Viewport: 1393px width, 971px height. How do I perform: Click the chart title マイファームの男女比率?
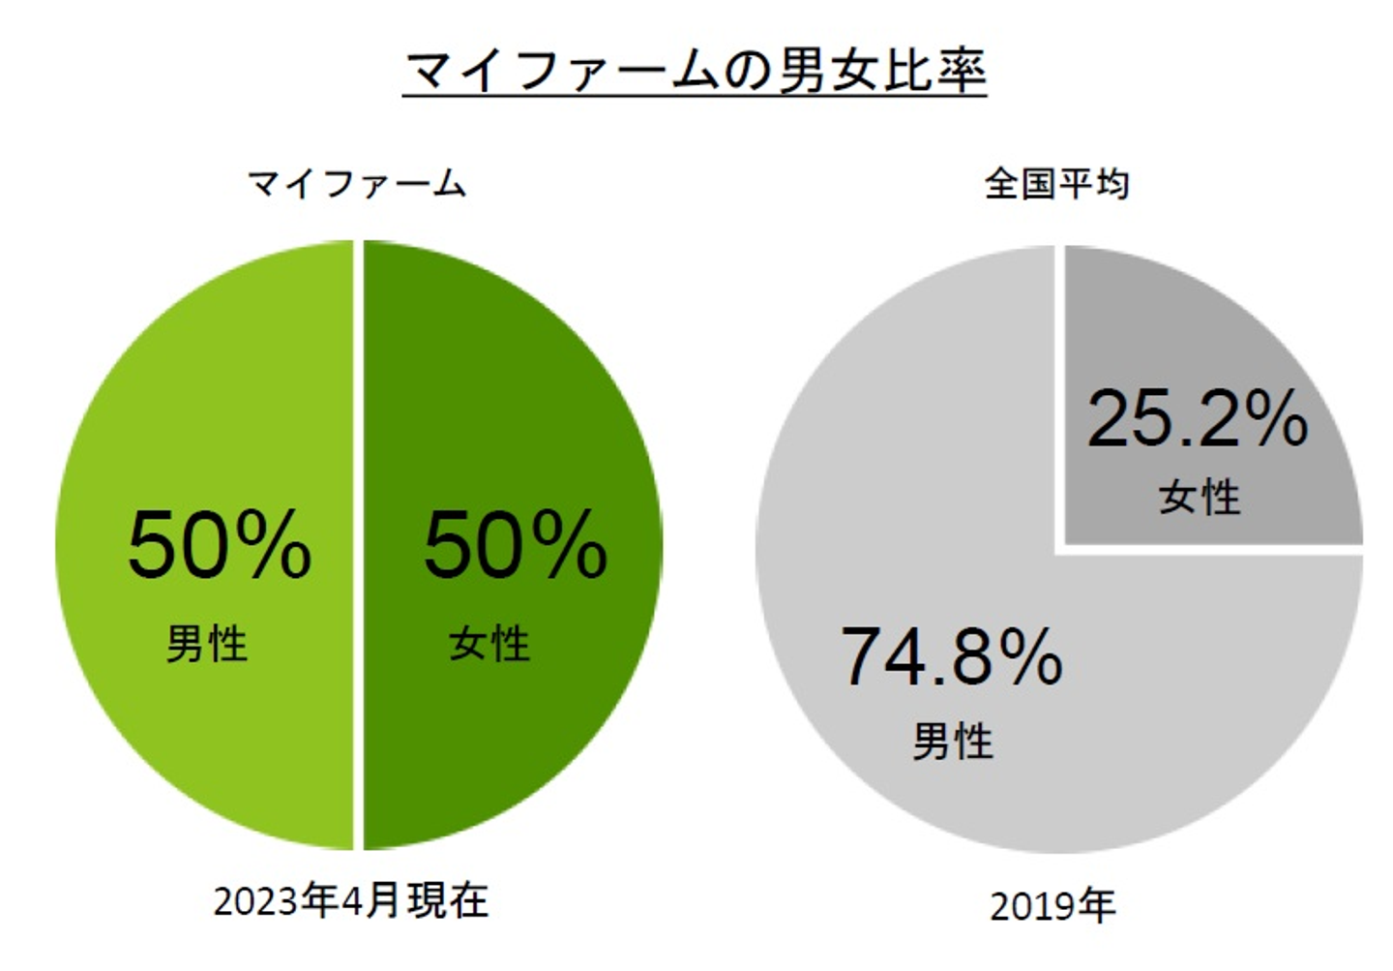[x=695, y=70]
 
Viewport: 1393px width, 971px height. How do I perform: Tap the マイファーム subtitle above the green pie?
[x=357, y=183]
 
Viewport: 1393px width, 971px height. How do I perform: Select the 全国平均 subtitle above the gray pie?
[x=1056, y=183]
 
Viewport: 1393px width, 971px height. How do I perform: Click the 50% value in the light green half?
[x=220, y=546]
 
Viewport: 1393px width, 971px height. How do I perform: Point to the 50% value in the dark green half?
[x=516, y=546]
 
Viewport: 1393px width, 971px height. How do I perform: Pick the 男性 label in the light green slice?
[x=207, y=644]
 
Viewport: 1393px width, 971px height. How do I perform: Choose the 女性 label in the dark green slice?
[x=489, y=644]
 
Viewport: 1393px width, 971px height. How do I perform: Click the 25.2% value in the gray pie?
[x=1198, y=419]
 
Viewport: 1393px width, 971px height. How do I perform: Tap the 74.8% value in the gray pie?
[x=952, y=657]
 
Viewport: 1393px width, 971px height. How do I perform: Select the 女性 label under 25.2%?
[x=1200, y=498]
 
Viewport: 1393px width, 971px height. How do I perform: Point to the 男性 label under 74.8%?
[x=953, y=743]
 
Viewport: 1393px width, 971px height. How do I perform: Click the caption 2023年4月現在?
[x=351, y=901]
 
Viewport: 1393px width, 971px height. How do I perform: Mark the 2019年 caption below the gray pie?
[x=1052, y=907]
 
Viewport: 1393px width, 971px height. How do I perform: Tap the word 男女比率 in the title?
[x=882, y=70]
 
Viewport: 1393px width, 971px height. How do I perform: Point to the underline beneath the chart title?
[x=695, y=96]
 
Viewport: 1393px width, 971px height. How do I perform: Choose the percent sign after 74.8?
[x=1032, y=657]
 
